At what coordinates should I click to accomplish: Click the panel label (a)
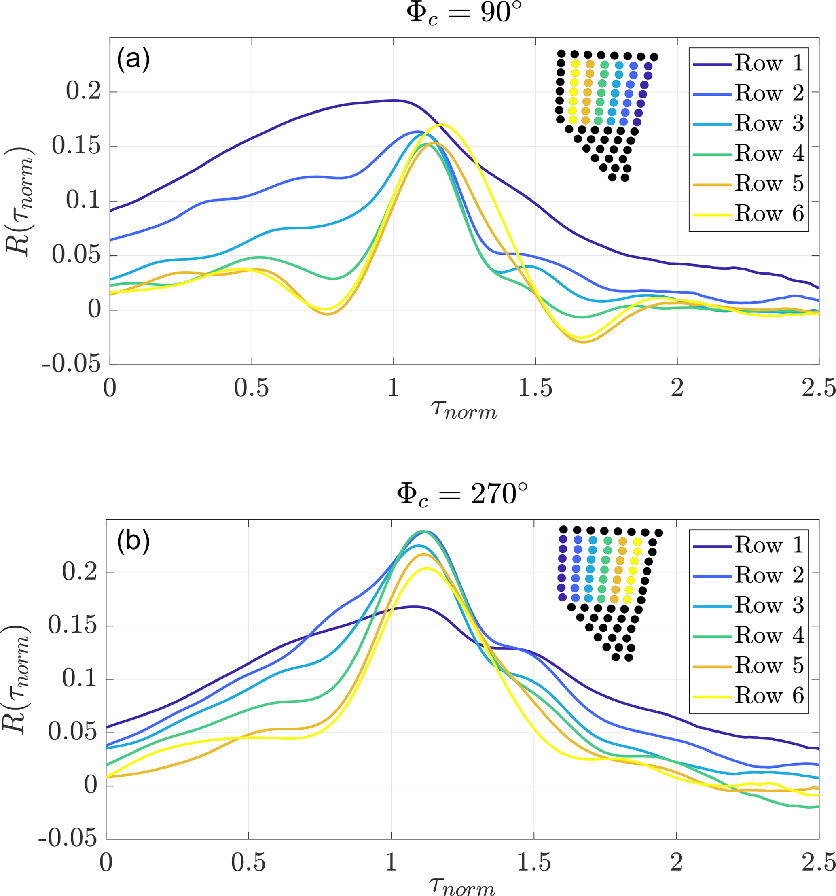point(133,59)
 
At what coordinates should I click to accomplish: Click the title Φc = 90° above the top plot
point(464,13)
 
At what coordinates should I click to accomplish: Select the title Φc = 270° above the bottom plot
point(462,495)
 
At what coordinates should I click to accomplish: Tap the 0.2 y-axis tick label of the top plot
point(83,91)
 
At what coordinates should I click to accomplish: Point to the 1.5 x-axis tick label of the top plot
point(535,388)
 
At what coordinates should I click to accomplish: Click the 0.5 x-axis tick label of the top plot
point(251,388)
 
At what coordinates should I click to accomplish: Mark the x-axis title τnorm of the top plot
point(464,410)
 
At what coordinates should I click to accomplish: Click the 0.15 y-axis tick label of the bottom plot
point(72,626)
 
